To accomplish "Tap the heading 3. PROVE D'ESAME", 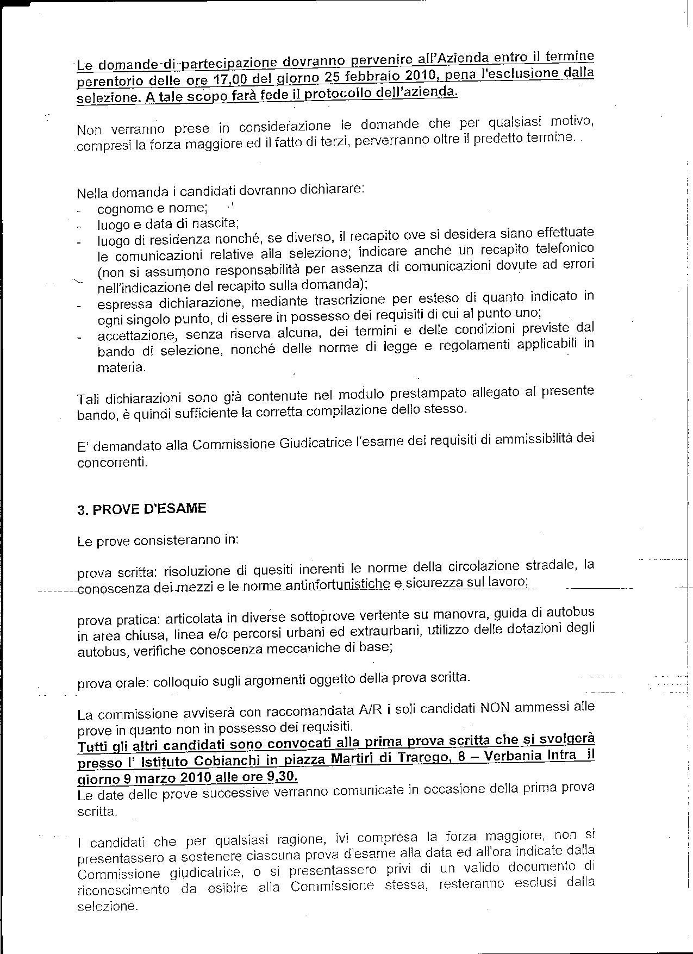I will point(142,509).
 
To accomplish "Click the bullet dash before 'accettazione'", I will point(79,338).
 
